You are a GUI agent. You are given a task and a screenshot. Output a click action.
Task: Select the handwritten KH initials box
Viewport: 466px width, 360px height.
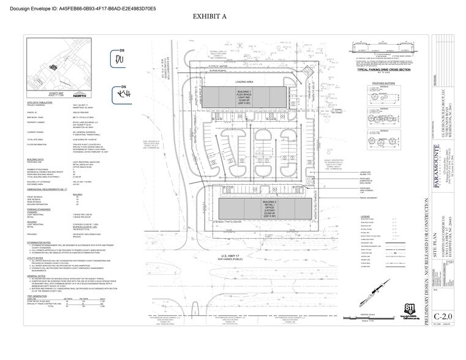click(x=119, y=95)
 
